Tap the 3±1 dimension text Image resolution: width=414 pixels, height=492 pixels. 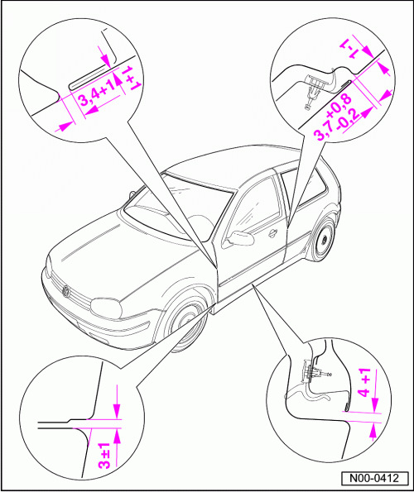point(104,456)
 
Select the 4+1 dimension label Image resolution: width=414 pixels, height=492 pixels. point(364,383)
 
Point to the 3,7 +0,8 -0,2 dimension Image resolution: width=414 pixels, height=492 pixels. point(337,117)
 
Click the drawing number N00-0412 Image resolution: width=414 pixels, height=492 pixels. point(374,479)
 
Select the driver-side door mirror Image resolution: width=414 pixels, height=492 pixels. point(240,238)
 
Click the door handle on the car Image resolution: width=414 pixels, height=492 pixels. point(272,232)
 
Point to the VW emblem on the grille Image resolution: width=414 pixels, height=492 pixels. point(66,291)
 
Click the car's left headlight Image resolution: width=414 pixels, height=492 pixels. point(106,308)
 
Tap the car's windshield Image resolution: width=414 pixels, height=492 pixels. point(176,209)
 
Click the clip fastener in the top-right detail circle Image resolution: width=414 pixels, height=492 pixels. point(314,88)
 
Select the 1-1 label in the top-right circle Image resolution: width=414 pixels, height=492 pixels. point(350,50)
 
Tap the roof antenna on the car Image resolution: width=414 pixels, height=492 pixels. point(132,194)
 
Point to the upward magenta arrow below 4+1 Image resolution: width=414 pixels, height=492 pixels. point(373,432)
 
